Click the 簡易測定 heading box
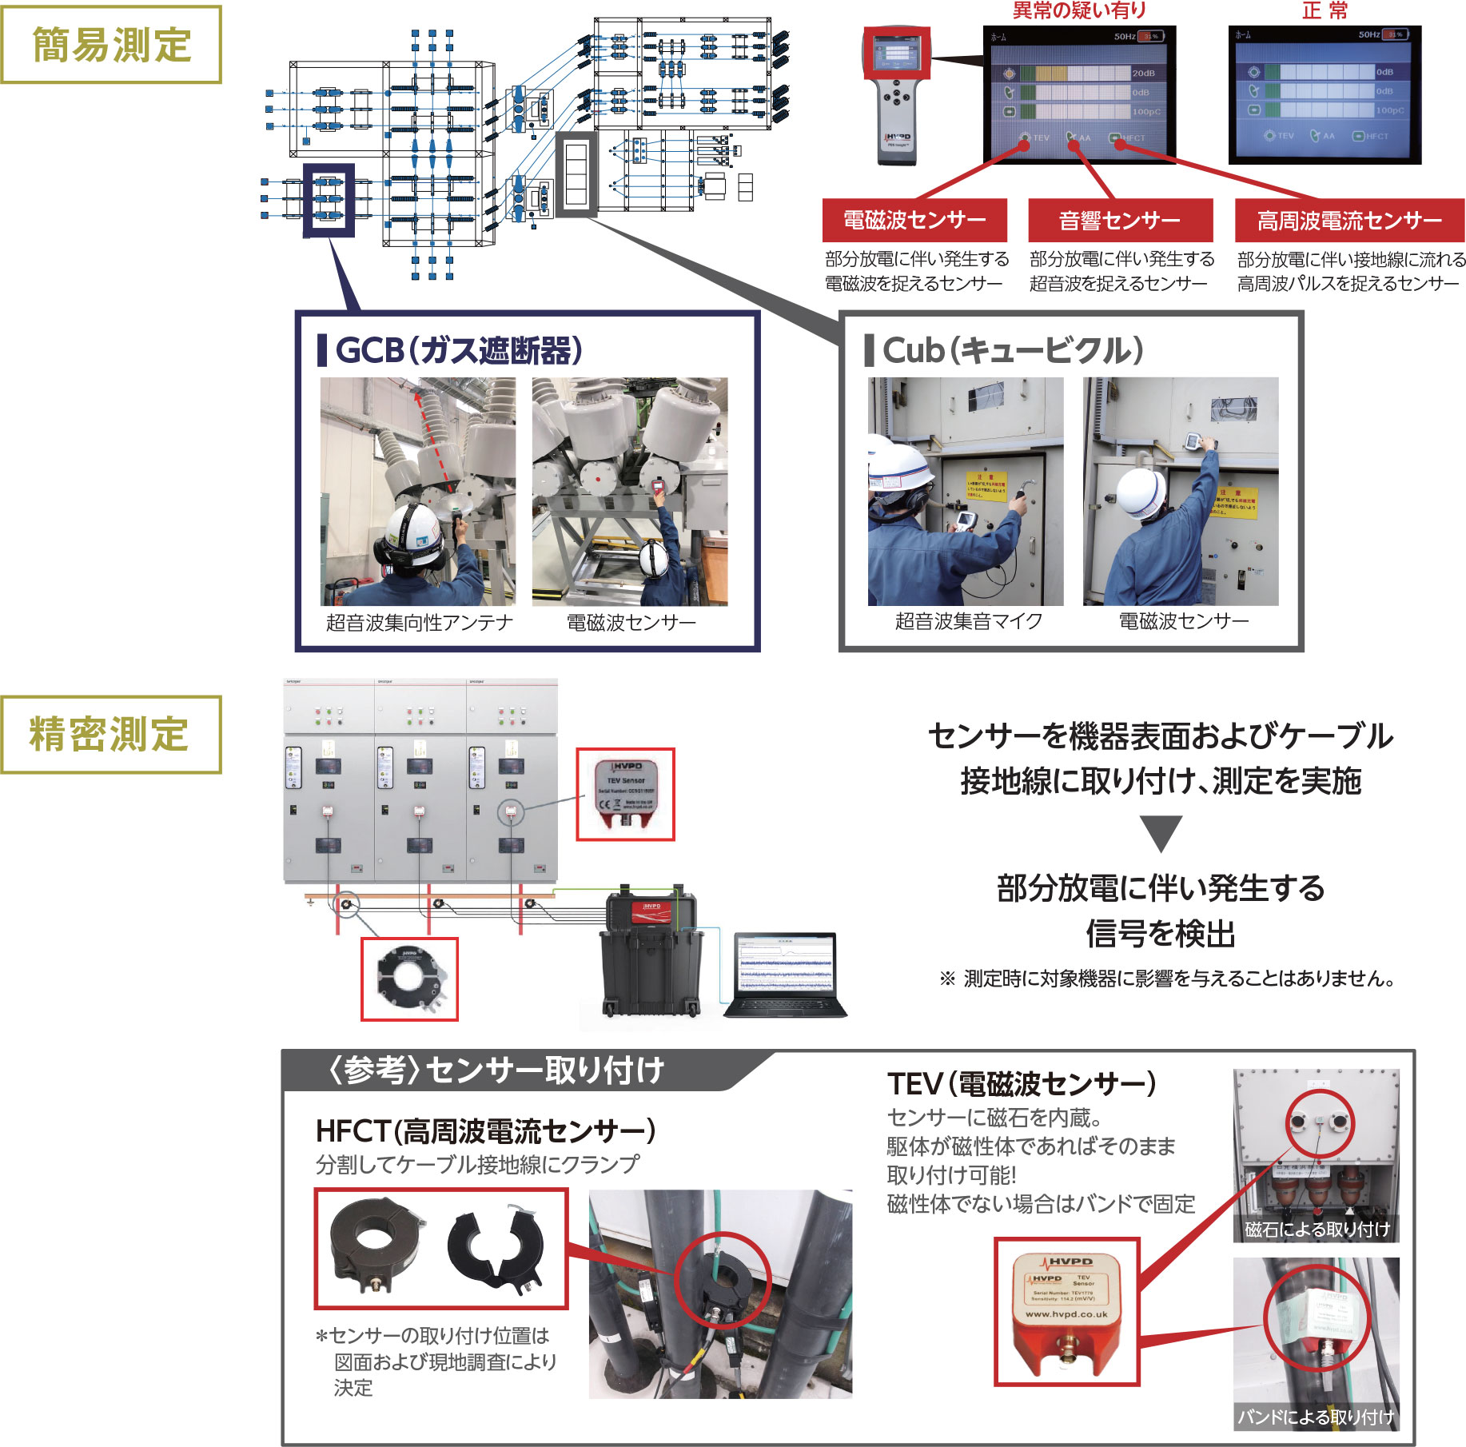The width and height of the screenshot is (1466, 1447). (x=111, y=45)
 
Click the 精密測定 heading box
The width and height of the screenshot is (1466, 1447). (x=110, y=735)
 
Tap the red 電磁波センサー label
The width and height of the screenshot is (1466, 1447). (x=914, y=220)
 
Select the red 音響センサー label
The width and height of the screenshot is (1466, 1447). (x=1119, y=220)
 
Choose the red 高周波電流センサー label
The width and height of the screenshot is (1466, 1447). (x=1349, y=220)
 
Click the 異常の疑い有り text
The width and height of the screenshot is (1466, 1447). (x=1079, y=10)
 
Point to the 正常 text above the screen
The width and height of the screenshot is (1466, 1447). (x=1325, y=10)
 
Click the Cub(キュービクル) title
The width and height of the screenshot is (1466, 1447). (x=1012, y=350)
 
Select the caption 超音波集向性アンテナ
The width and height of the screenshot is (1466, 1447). (x=419, y=622)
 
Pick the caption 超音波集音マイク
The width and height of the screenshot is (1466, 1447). (x=968, y=621)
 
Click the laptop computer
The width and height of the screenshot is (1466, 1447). (x=786, y=974)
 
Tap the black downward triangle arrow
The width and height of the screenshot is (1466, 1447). (x=1161, y=833)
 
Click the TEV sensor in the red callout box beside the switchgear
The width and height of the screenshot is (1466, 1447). (x=626, y=793)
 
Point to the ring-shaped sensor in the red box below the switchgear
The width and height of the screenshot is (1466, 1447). (x=409, y=979)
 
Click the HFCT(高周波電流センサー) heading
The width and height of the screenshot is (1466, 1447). (x=485, y=1131)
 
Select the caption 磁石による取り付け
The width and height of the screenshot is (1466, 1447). (x=1317, y=1230)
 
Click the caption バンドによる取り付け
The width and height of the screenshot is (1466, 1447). (x=1316, y=1417)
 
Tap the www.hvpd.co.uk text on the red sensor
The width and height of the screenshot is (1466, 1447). (x=1066, y=1314)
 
